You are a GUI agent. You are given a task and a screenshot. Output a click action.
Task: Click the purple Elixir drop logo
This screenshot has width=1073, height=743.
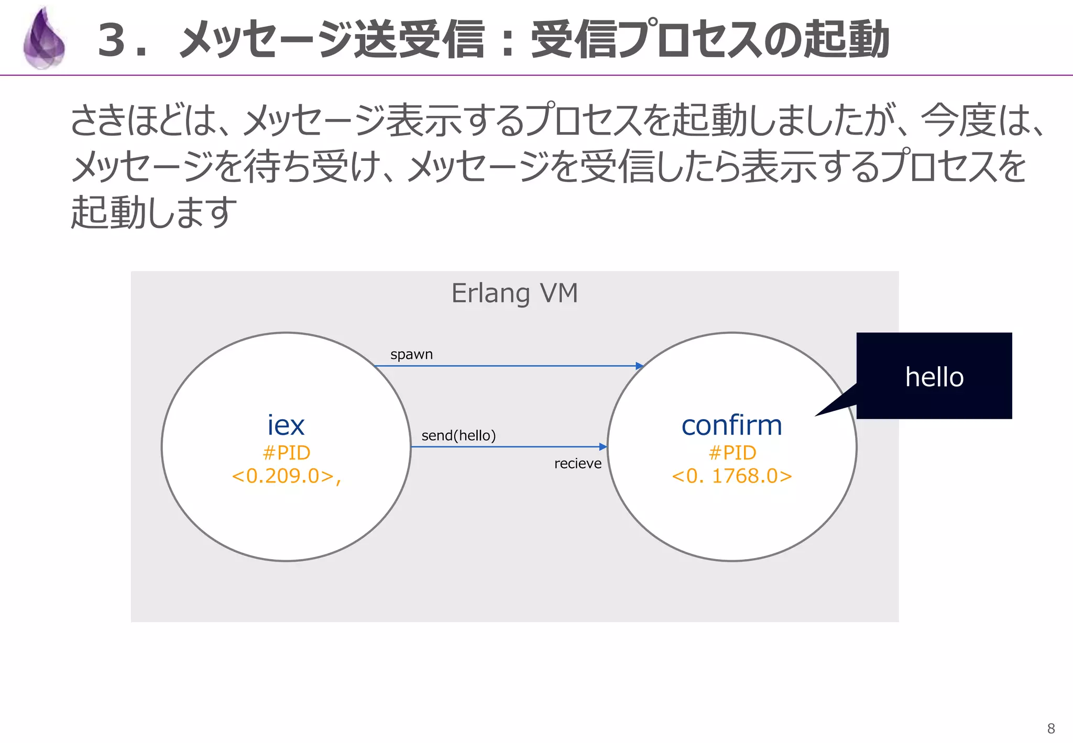pyautogui.click(x=44, y=39)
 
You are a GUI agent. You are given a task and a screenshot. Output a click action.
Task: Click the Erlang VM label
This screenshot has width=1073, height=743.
pyautogui.click(x=514, y=293)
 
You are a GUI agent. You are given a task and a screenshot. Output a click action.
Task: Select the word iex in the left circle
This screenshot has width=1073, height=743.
pyautogui.click(x=286, y=425)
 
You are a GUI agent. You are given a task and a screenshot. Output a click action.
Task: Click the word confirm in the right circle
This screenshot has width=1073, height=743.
pyautogui.click(x=731, y=425)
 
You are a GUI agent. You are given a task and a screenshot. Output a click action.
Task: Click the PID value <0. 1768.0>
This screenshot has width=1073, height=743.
pyautogui.click(x=731, y=476)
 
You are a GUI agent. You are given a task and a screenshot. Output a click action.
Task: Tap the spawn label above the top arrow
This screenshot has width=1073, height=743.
pyautogui.click(x=411, y=355)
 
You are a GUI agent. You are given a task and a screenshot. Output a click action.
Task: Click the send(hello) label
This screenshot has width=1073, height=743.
pyautogui.click(x=458, y=435)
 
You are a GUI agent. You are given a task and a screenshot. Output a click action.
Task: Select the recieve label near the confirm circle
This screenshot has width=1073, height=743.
pyautogui.click(x=577, y=464)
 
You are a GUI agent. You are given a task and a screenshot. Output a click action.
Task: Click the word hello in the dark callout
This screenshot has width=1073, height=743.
pyautogui.click(x=934, y=377)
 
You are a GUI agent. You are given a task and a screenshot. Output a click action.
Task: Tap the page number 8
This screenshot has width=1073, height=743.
pyautogui.click(x=1050, y=728)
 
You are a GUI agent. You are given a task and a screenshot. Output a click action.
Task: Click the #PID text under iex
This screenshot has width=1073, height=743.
pyautogui.click(x=286, y=452)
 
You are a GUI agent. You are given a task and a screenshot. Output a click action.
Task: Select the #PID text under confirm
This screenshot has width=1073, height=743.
pyautogui.click(x=732, y=452)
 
